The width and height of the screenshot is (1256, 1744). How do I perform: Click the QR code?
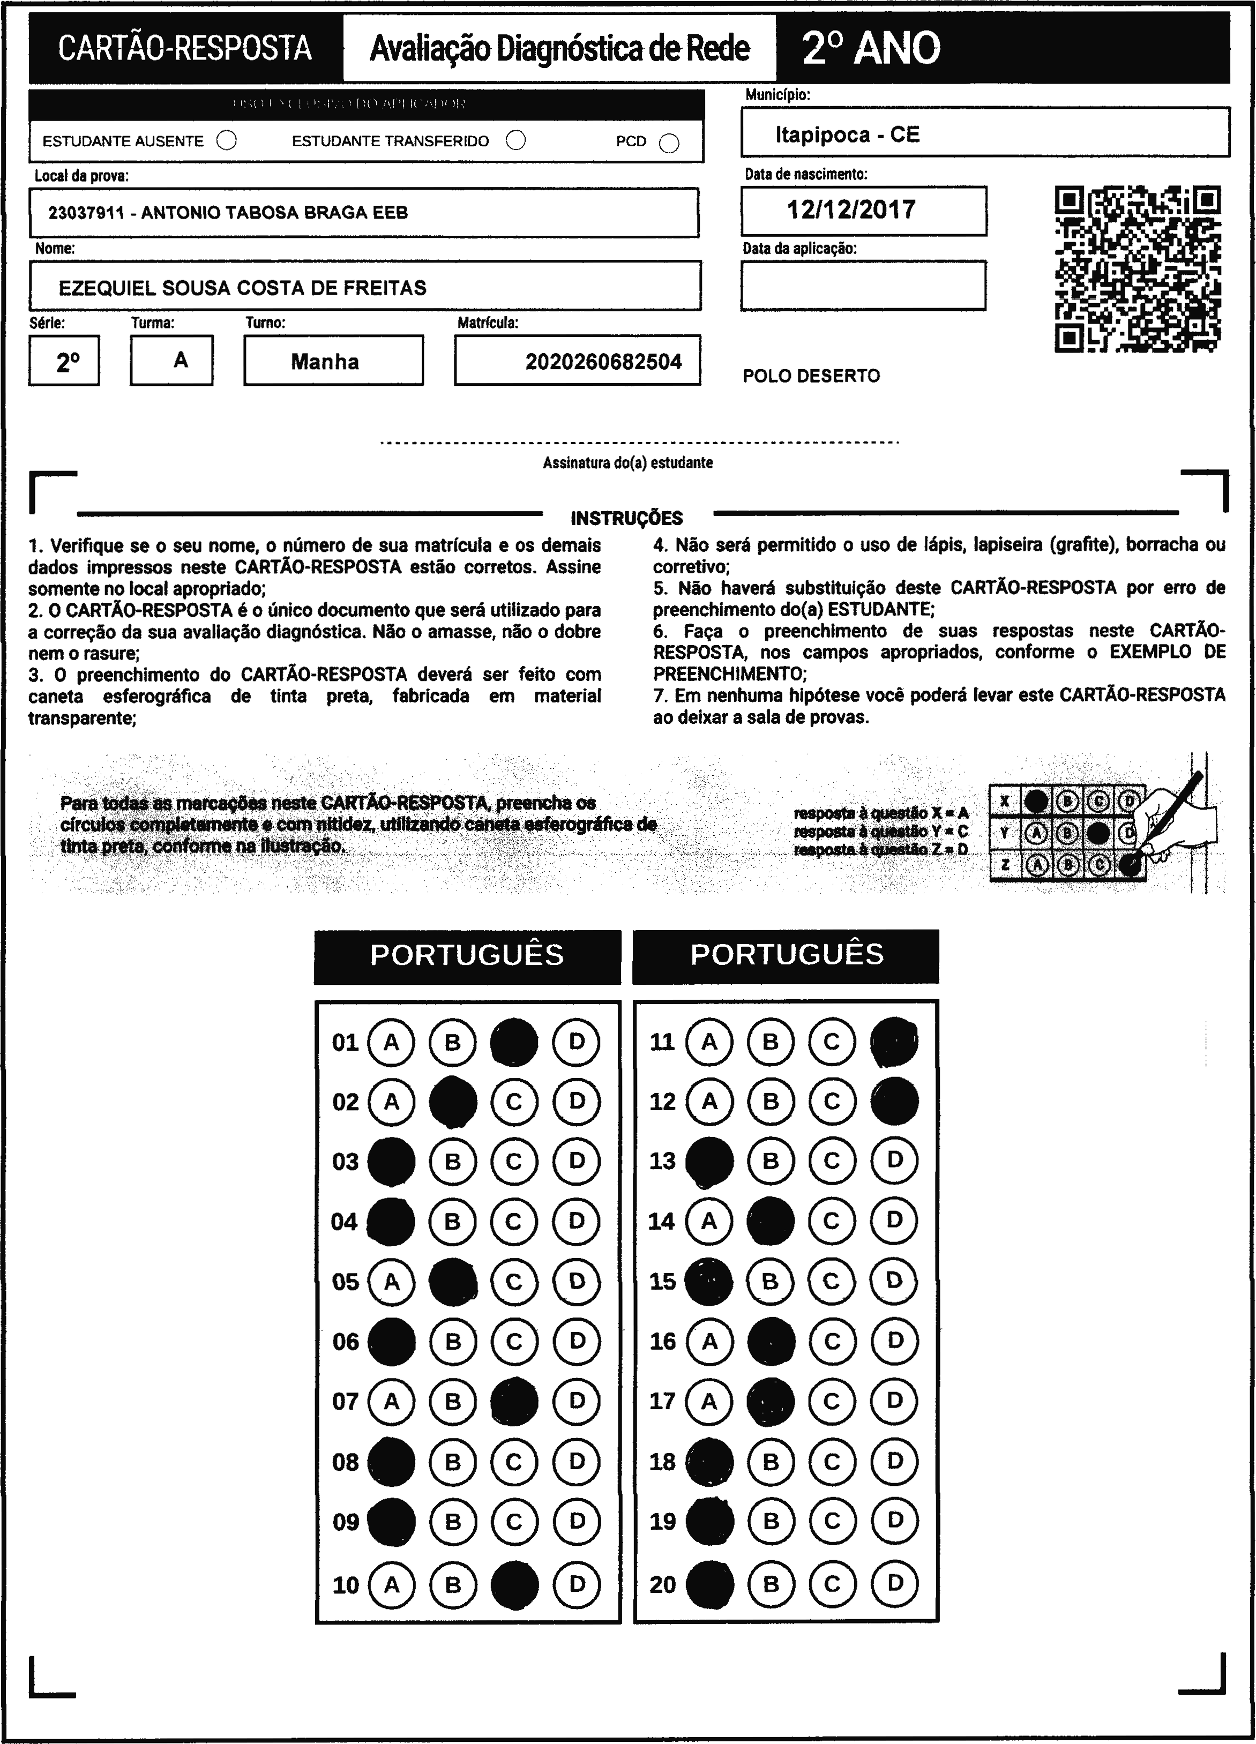click(1137, 269)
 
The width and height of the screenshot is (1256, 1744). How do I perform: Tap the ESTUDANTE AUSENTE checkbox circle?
click(227, 141)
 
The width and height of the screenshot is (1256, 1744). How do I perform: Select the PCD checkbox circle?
click(669, 144)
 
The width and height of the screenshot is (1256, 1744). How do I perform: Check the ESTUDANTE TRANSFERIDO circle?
click(516, 141)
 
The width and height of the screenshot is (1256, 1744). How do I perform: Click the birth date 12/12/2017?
click(851, 210)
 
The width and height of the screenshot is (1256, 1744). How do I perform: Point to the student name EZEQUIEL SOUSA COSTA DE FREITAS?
click(242, 288)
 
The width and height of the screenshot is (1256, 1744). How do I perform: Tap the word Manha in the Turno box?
click(325, 362)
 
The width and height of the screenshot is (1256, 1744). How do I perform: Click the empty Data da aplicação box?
click(863, 285)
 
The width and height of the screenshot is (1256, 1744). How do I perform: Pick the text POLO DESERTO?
click(811, 376)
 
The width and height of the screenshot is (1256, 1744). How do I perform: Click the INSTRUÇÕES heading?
click(627, 518)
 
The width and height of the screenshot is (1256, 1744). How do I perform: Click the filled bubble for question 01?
click(514, 1042)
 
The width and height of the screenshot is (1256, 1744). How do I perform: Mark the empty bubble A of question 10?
click(392, 1584)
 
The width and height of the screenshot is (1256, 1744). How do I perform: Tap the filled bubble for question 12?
click(894, 1101)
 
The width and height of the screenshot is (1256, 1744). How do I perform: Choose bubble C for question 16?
click(832, 1342)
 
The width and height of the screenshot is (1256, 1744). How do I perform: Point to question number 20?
click(662, 1584)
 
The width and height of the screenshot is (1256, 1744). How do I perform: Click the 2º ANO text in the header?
click(871, 48)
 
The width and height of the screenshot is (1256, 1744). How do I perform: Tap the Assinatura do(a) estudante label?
click(627, 463)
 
